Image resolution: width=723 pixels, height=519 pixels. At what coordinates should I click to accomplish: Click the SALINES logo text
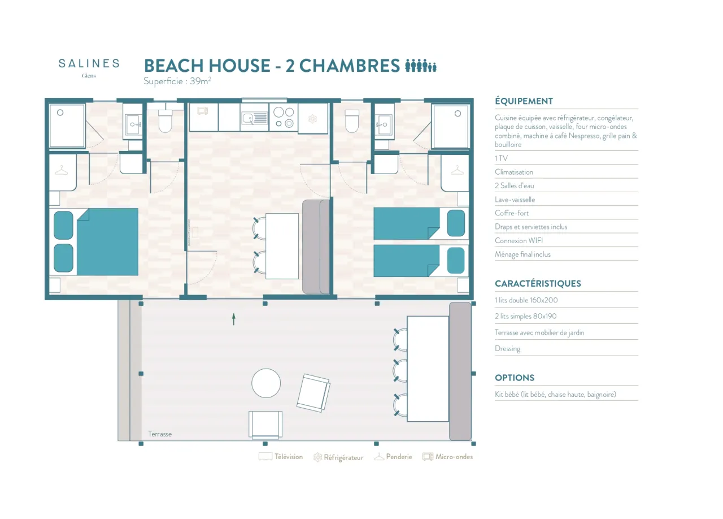89,63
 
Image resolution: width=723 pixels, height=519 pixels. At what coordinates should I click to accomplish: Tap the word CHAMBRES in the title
350,66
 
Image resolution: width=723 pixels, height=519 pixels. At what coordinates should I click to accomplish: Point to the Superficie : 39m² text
177,81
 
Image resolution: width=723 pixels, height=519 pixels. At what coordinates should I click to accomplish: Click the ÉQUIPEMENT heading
524,101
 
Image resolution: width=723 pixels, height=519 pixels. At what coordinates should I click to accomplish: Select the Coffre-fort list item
512,213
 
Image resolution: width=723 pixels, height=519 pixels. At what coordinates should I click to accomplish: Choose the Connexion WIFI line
519,240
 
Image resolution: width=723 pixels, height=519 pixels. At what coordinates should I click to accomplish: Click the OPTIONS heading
515,378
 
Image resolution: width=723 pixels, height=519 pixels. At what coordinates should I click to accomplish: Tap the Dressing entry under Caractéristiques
507,349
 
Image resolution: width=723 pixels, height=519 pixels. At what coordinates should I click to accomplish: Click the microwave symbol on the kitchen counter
203,111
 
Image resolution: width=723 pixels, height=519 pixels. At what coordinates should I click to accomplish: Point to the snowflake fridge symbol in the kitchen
312,119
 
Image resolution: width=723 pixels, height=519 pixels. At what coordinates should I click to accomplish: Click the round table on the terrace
266,383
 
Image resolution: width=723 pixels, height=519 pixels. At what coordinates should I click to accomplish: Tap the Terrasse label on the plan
160,434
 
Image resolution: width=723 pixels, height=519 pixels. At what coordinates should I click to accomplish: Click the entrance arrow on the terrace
234,319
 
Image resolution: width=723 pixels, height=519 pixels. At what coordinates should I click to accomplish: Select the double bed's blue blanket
107,242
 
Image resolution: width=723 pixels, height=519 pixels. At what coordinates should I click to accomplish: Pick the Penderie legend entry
393,457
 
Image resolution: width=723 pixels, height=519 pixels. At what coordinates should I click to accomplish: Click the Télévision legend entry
281,457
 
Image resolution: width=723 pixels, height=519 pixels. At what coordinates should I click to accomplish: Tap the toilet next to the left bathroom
165,121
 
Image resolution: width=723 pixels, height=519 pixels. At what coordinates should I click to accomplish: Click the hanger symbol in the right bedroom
457,170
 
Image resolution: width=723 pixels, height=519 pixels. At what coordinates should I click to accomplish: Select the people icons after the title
421,66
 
